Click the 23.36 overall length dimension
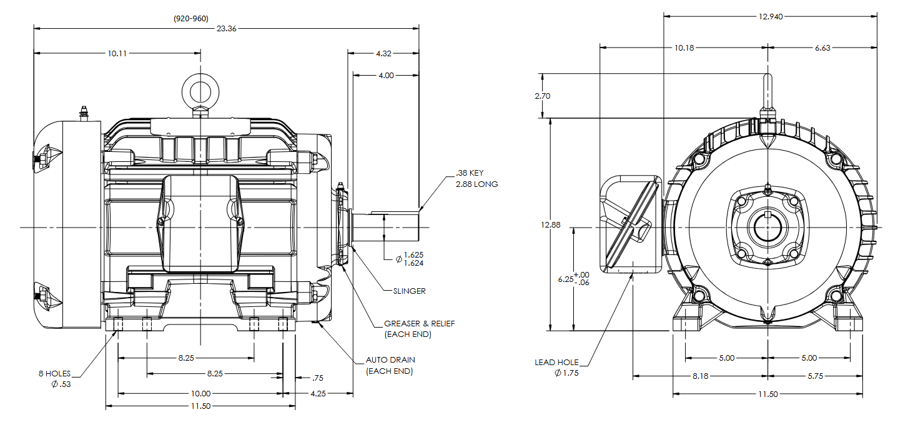(x=226, y=28)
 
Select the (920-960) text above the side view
(x=191, y=19)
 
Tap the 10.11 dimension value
(x=117, y=54)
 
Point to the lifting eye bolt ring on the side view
(x=200, y=89)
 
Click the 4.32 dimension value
(x=383, y=54)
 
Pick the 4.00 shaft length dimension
(x=386, y=76)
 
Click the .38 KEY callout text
(x=469, y=173)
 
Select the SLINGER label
(x=409, y=291)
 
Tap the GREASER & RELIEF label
(x=419, y=324)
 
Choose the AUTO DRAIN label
(x=390, y=360)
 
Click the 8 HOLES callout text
(x=54, y=374)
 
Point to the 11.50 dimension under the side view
(x=200, y=406)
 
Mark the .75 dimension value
(x=317, y=378)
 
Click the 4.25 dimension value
(x=318, y=394)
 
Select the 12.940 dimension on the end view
(x=771, y=16)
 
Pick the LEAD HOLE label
(x=556, y=362)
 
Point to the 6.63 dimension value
(x=822, y=48)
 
